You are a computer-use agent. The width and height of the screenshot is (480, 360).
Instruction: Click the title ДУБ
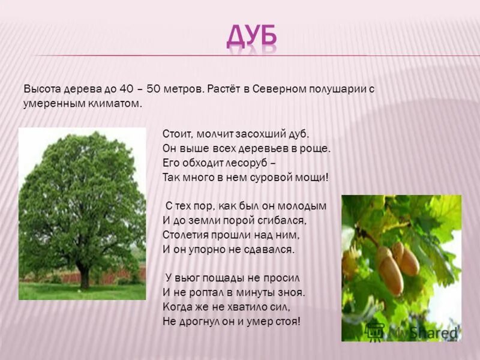252,37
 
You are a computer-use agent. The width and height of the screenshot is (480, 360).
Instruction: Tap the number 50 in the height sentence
153,89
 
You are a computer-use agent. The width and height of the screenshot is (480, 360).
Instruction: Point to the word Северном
277,89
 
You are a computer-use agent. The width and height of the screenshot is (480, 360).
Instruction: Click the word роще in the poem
316,148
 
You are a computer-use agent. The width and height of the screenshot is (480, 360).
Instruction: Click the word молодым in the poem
304,206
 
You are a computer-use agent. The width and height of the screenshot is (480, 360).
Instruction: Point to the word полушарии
341,89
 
